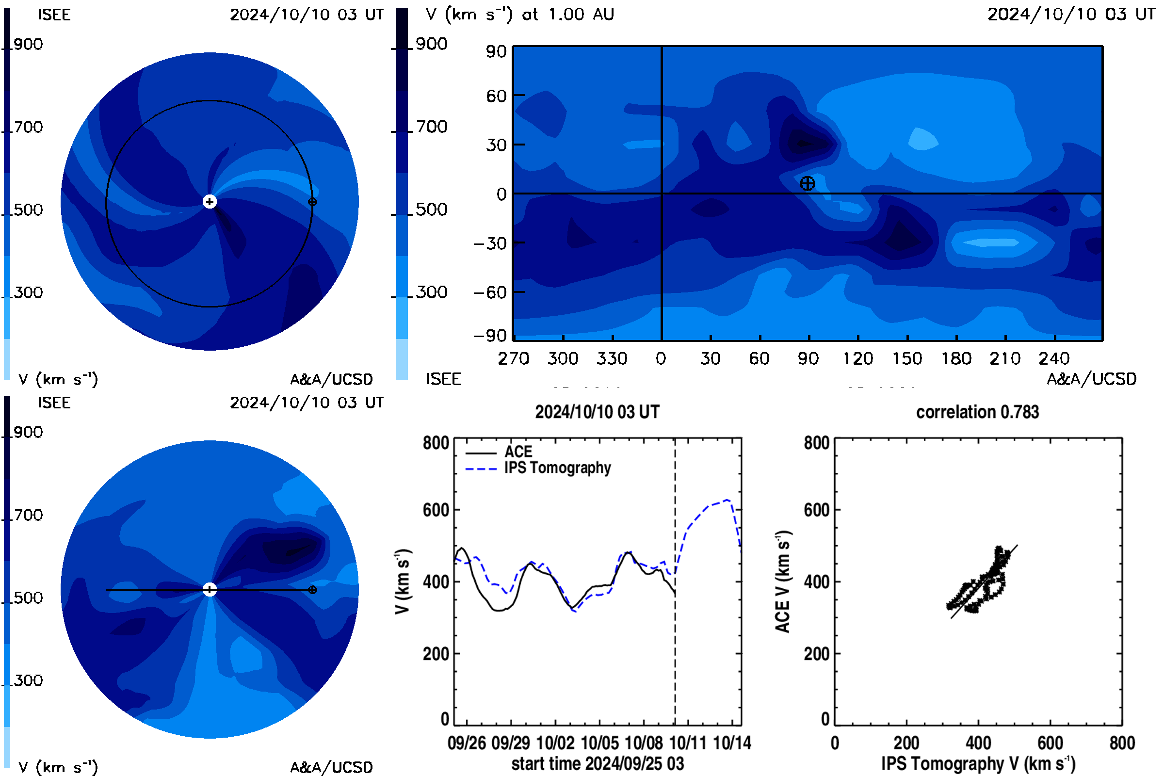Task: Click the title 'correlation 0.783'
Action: (977, 412)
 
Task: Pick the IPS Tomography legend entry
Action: (538, 468)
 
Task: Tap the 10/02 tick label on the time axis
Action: (555, 743)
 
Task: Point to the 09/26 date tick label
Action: (467, 743)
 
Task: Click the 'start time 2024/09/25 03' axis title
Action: (598, 763)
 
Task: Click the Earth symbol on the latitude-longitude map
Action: (807, 184)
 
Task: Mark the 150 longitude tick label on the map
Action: (907, 358)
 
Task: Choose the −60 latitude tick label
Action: (490, 292)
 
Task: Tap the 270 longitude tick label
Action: (514, 358)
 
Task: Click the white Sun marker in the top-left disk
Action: (210, 201)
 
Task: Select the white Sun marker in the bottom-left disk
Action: (210, 589)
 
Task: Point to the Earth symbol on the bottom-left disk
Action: (312, 590)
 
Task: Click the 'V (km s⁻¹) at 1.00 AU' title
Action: (520, 15)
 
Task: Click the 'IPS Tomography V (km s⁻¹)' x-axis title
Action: (978, 763)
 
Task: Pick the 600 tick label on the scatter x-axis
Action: (1050, 743)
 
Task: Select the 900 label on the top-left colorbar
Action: (28, 44)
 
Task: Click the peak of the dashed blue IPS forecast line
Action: (727, 500)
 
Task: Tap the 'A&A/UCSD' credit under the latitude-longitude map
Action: (1091, 379)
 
